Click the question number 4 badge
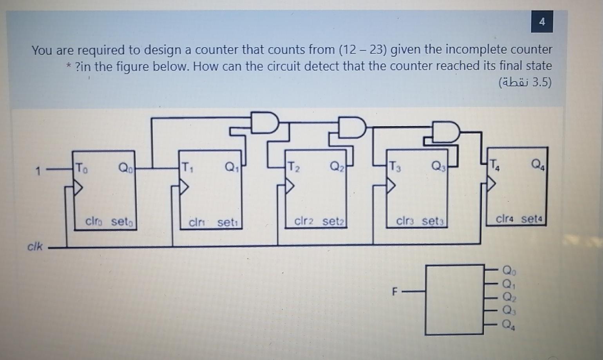click(x=542, y=22)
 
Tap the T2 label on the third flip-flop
click(x=294, y=167)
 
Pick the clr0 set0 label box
click(x=110, y=222)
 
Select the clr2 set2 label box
click(x=319, y=221)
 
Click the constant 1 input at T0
click(x=38, y=171)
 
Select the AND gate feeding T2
click(x=265, y=123)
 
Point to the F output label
click(x=395, y=292)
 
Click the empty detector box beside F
click(x=455, y=300)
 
